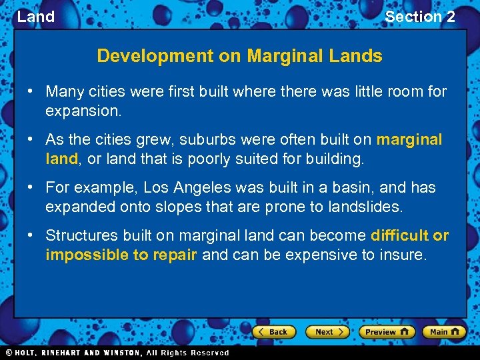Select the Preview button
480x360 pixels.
[387, 331]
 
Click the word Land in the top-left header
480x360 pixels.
[35, 17]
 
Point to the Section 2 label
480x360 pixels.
[420, 17]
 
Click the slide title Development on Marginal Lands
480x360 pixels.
[239, 56]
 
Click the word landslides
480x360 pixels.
[365, 207]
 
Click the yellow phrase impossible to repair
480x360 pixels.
[121, 255]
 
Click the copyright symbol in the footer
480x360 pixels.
[9, 353]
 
